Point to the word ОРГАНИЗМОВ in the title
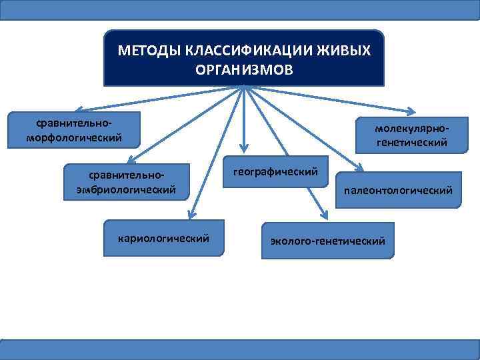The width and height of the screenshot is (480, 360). [244, 69]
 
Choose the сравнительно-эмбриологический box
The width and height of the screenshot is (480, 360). [126, 181]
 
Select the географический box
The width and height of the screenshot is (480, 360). [275, 172]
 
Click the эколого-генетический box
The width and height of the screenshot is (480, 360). [327, 240]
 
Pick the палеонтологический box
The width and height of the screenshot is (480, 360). [398, 191]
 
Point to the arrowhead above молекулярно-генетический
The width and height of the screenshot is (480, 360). [412, 111]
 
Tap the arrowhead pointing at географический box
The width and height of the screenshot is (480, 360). [245, 149]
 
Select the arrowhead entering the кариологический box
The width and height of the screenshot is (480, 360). [190, 214]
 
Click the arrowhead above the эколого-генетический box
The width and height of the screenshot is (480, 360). [325, 215]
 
